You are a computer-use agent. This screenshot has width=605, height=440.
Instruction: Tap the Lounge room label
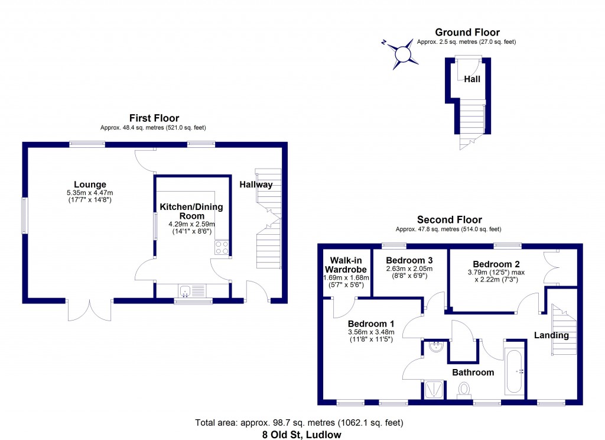(90, 184)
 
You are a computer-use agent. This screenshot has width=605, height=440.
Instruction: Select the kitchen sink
(186, 290)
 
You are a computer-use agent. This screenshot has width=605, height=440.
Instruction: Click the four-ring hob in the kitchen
(222, 247)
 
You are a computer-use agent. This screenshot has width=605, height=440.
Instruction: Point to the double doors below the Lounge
(90, 310)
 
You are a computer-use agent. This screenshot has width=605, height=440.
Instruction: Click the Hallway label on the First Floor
(256, 185)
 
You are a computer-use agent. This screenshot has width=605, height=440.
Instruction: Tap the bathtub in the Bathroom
(513, 373)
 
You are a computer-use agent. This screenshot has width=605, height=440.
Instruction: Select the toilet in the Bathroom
(464, 390)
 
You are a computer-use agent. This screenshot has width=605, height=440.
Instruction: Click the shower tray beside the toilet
(434, 390)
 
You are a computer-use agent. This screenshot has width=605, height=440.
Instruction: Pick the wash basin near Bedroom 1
(436, 347)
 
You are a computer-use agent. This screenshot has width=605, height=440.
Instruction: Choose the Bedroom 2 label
(496, 264)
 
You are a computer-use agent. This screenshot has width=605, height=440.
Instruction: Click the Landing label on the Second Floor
(551, 335)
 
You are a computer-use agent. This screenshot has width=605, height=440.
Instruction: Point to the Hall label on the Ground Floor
(472, 79)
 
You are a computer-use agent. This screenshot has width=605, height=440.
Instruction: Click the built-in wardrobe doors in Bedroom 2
(551, 266)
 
